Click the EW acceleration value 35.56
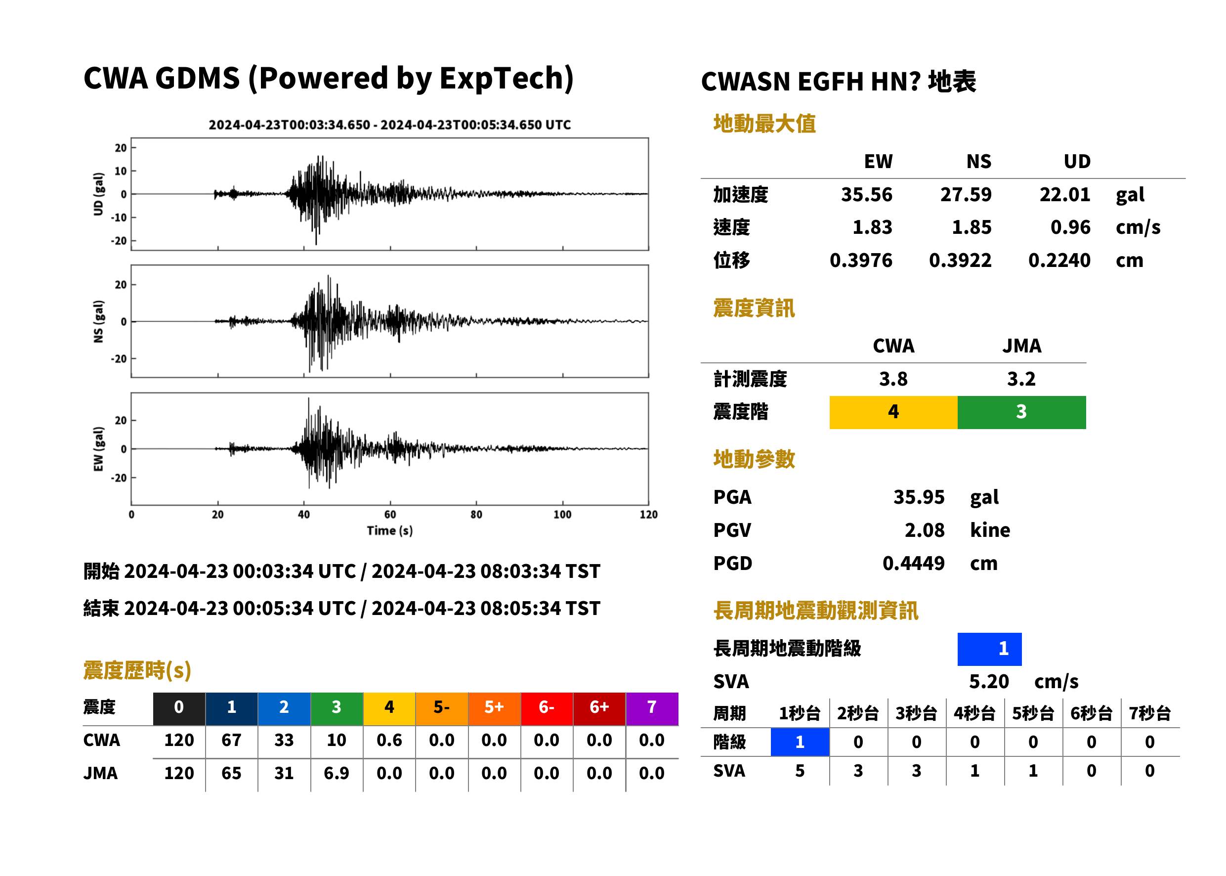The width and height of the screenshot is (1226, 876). pyautogui.click(x=866, y=195)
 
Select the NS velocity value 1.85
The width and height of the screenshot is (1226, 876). pyautogui.click(x=971, y=227)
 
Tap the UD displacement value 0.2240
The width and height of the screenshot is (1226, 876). pyautogui.click(x=1059, y=261)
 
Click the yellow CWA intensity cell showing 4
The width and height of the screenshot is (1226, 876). pyautogui.click(x=893, y=412)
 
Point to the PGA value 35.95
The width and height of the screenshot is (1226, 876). pyautogui.click(x=919, y=497)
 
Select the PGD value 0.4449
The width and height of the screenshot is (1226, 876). pyautogui.click(x=913, y=563)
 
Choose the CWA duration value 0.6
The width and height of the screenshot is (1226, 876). pyautogui.click(x=389, y=740)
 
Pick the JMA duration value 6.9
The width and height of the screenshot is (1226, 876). pyautogui.click(x=337, y=774)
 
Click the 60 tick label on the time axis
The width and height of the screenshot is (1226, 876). pyautogui.click(x=390, y=515)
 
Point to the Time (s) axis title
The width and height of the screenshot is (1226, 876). pyautogui.click(x=390, y=531)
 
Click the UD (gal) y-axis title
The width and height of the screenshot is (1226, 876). pyautogui.click(x=98, y=194)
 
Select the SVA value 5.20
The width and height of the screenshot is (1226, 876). pyautogui.click(x=989, y=682)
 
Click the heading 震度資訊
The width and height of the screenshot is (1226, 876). pyautogui.click(x=754, y=308)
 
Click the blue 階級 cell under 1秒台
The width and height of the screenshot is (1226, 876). pyautogui.click(x=800, y=742)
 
